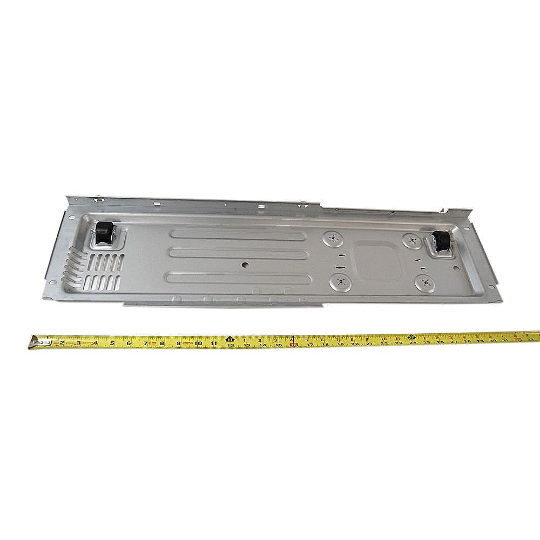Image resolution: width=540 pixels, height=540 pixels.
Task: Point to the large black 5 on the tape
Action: point(112,342)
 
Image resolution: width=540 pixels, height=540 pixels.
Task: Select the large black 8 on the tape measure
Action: point(161,342)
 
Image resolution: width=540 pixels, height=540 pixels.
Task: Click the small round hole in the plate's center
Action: point(245,265)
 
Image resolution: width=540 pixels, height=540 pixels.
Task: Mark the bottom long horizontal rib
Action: point(238,279)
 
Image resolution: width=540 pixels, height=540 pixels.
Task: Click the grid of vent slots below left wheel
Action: point(105,270)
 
